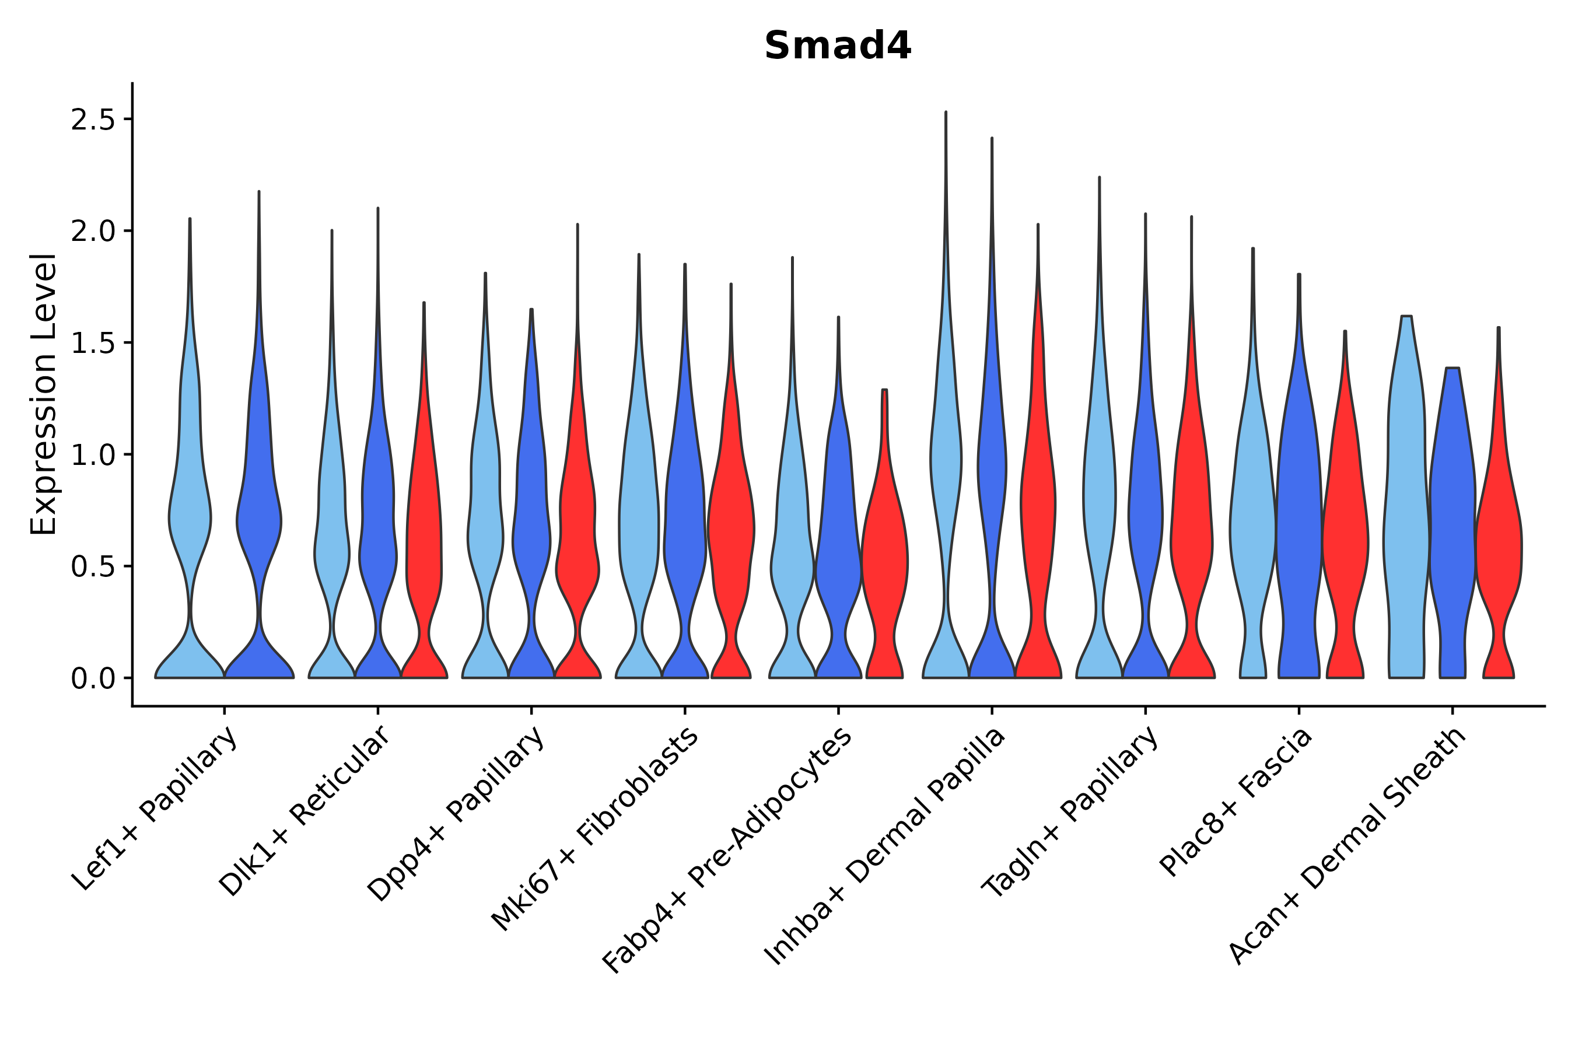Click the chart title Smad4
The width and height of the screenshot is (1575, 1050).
click(x=837, y=46)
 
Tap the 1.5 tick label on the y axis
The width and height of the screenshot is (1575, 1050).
click(x=92, y=344)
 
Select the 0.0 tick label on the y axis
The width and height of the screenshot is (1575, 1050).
click(x=92, y=679)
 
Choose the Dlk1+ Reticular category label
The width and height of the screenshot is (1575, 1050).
click(x=304, y=811)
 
